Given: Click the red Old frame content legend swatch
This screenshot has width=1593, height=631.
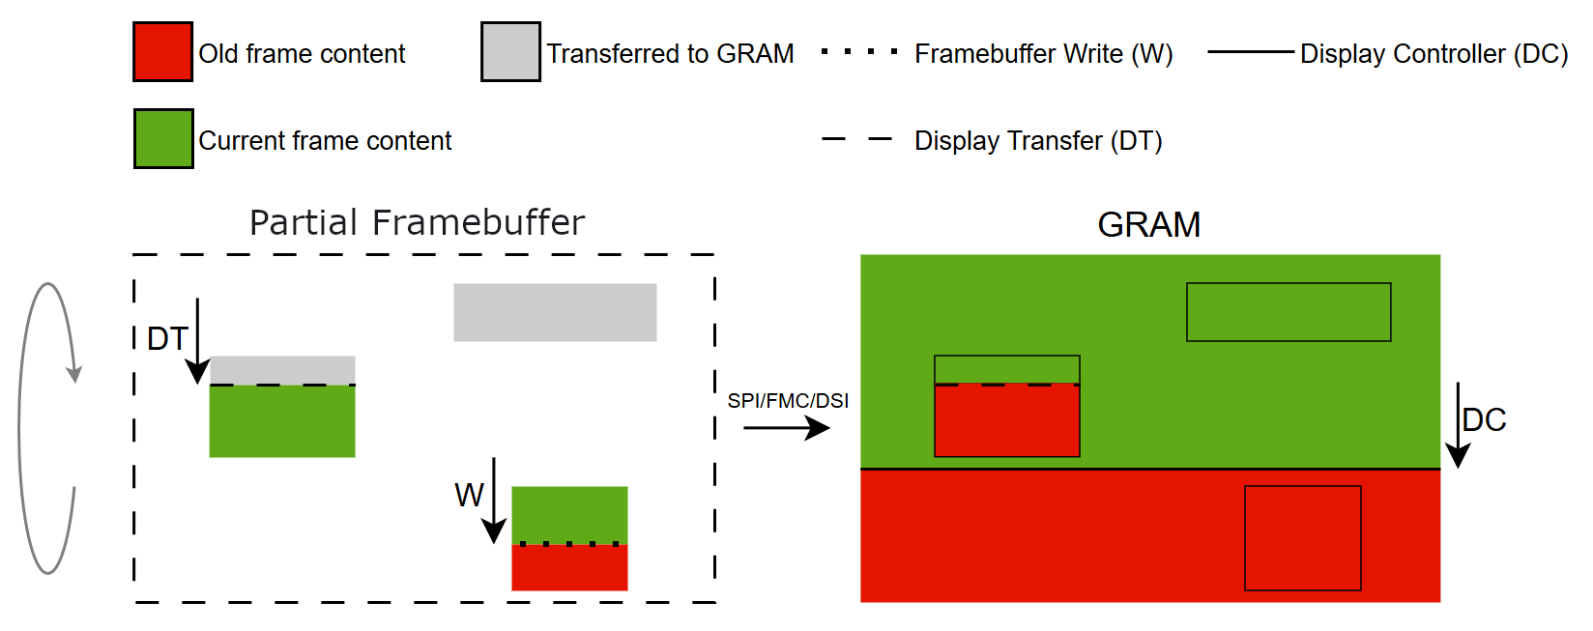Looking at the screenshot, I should (162, 52).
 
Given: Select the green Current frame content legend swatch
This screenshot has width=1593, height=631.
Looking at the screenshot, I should (163, 139).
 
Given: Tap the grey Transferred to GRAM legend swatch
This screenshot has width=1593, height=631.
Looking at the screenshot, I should (510, 52).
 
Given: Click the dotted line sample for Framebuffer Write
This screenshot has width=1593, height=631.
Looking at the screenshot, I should (858, 52).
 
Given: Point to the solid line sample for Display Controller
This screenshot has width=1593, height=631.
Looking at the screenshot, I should (1250, 52).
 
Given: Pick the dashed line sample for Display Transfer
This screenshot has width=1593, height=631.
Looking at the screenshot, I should (856, 140).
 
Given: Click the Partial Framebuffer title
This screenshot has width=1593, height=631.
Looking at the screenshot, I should (417, 222).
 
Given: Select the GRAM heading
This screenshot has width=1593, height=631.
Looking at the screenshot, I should (1148, 225).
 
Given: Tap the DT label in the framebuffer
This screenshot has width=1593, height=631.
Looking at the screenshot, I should (166, 339).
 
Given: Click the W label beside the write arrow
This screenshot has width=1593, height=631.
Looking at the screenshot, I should (469, 496).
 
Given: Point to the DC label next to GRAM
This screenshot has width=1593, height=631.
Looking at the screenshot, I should (1485, 420).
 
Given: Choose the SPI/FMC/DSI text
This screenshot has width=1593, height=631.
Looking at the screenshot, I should (788, 401).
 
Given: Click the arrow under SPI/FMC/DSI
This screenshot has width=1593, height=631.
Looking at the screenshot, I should (787, 428).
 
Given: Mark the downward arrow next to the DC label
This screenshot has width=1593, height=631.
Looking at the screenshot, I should (1458, 425).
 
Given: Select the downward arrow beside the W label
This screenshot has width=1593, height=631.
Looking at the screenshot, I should (494, 501).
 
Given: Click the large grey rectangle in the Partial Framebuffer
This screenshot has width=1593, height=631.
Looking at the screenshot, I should (555, 312).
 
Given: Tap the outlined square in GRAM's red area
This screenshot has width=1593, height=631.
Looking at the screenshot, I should (1302, 537).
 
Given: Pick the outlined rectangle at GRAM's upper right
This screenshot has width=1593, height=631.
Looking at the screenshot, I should (1288, 312).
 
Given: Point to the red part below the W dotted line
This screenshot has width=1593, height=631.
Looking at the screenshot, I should (569, 568).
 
